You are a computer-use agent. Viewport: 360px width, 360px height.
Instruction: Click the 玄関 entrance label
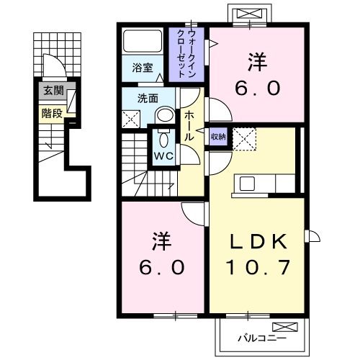click(52, 91)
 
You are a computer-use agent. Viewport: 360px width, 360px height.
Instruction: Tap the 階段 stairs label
click(52, 112)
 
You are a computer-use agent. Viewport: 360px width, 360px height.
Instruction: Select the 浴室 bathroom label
click(142, 68)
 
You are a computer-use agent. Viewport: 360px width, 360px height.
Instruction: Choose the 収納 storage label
click(217, 136)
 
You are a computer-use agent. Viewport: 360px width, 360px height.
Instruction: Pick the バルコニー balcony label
click(262, 336)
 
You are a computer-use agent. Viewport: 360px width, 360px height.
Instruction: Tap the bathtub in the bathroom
click(141, 41)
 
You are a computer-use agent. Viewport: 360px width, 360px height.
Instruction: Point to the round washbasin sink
click(165, 116)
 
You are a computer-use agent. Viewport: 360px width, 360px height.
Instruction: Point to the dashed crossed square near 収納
click(243, 138)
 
